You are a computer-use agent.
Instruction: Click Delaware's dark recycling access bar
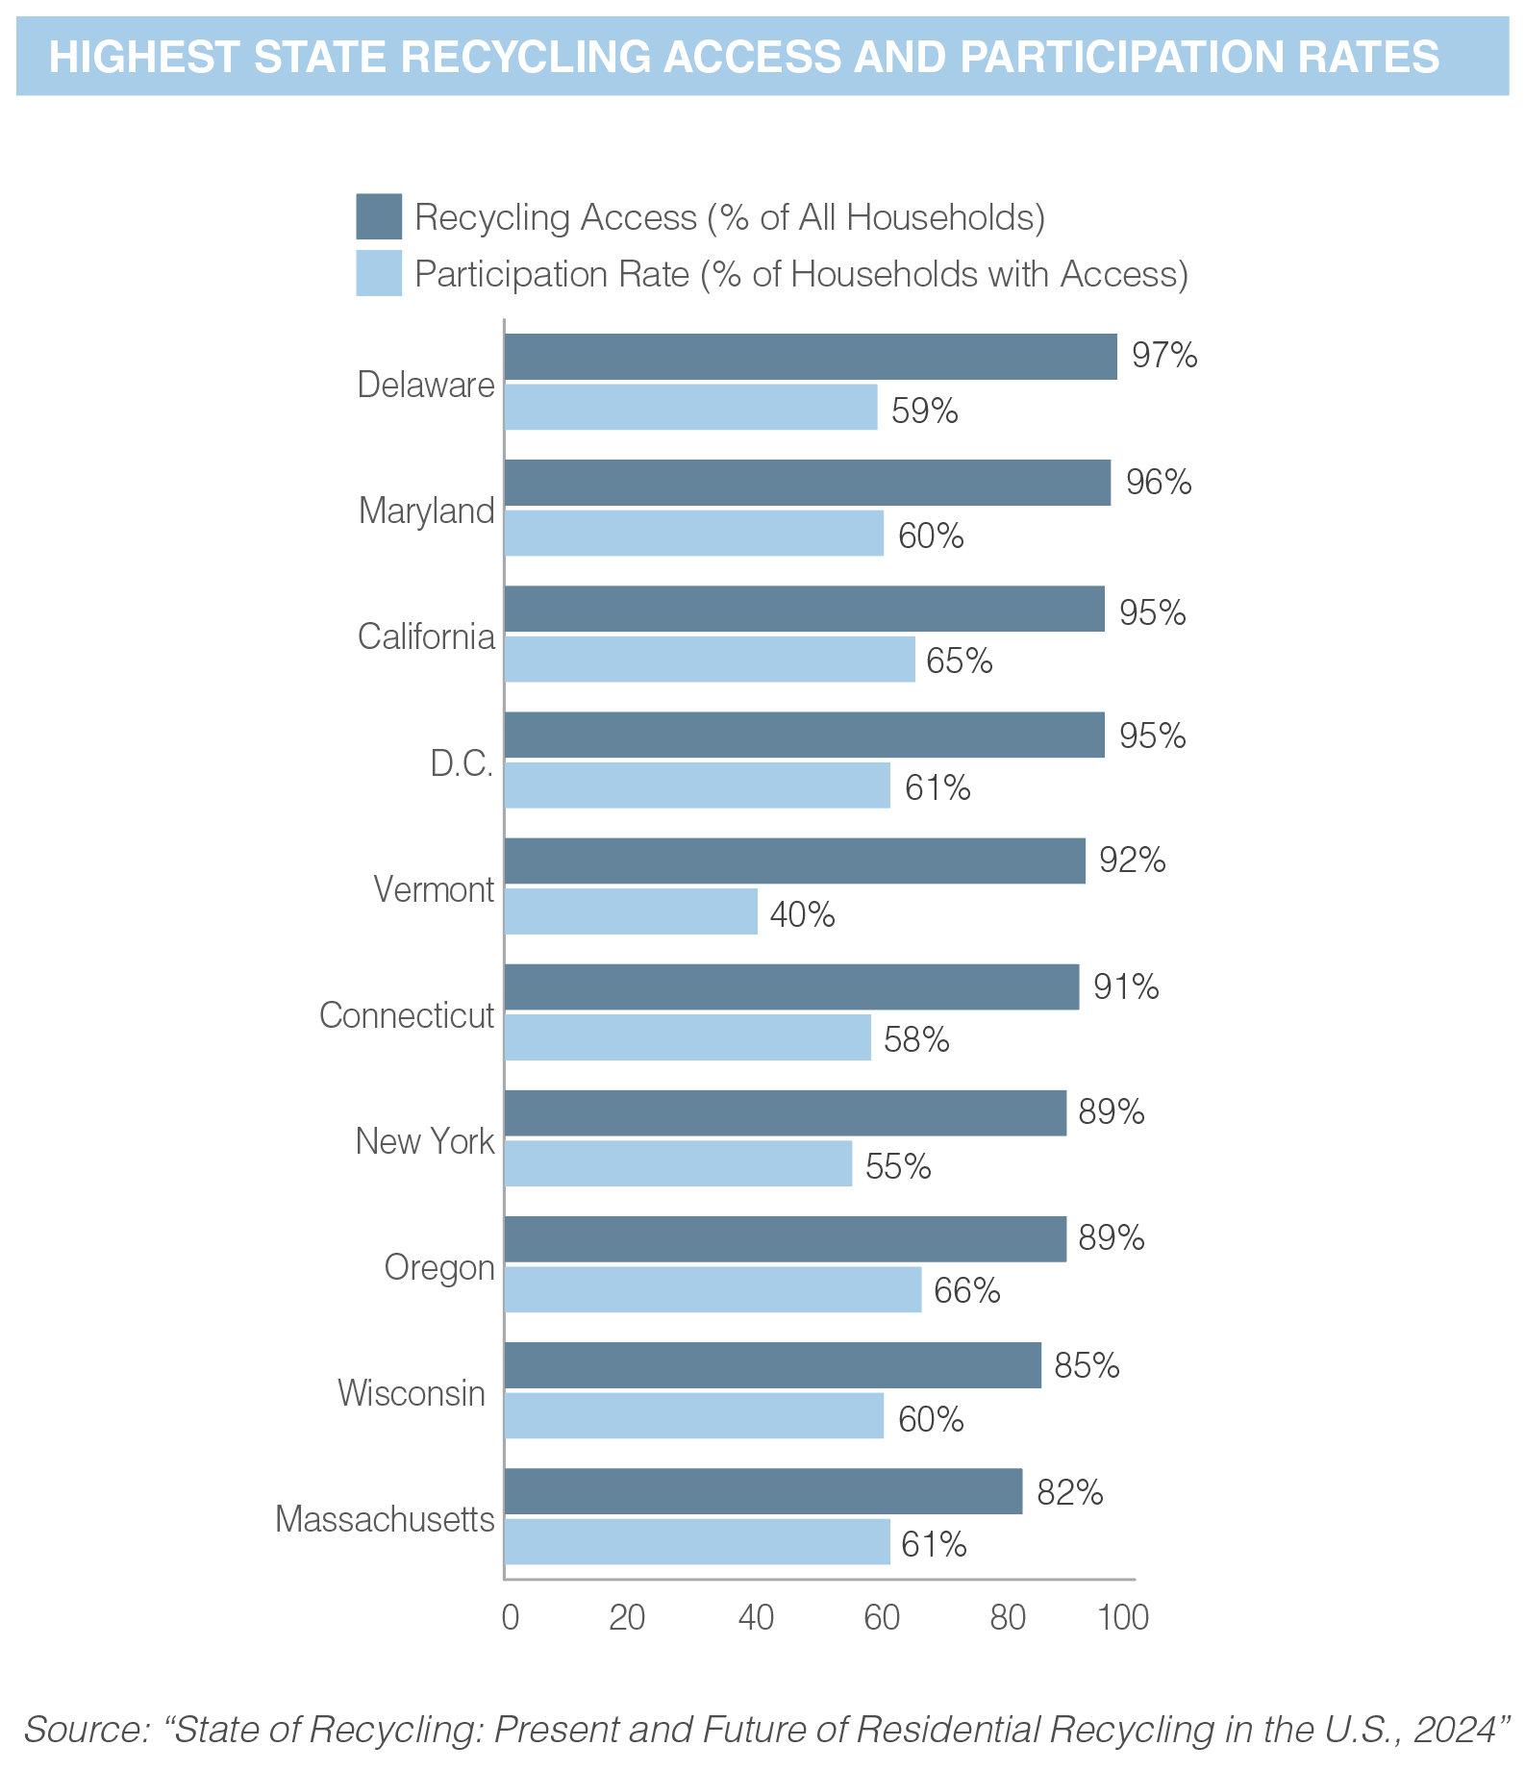811,357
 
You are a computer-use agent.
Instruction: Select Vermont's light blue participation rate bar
631,911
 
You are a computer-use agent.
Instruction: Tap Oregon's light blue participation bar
712,1289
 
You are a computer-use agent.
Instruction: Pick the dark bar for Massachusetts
763,1491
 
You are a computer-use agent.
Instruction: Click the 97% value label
1164,356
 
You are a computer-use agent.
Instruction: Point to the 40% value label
803,914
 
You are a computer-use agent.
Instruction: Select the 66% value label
966,1290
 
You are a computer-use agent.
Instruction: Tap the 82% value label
1069,1492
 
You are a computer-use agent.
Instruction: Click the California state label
426,636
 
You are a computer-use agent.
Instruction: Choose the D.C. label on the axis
462,763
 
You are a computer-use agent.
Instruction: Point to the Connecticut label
407,1015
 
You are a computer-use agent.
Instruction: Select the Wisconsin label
412,1393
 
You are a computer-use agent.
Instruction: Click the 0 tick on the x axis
510,1618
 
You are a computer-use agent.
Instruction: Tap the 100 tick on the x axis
1123,1618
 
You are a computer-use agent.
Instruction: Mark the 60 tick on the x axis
881,1618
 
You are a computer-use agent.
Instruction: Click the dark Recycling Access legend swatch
379,216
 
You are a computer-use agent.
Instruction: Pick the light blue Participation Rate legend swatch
379,273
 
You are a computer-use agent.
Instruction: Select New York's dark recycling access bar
786,1113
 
